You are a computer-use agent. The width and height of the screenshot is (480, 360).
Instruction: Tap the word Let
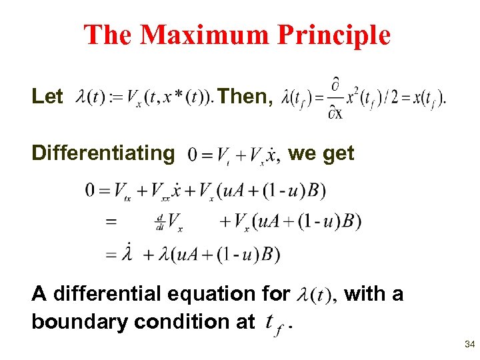[x=47, y=97]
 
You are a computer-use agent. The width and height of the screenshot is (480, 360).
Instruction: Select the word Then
[x=244, y=97]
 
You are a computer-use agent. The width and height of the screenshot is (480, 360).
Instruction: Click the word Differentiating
[x=103, y=153]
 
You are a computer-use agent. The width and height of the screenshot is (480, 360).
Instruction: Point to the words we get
[x=321, y=153]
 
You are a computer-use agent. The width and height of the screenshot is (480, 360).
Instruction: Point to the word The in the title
[x=109, y=35]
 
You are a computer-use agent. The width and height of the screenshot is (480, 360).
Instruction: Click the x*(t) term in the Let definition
[x=182, y=97]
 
